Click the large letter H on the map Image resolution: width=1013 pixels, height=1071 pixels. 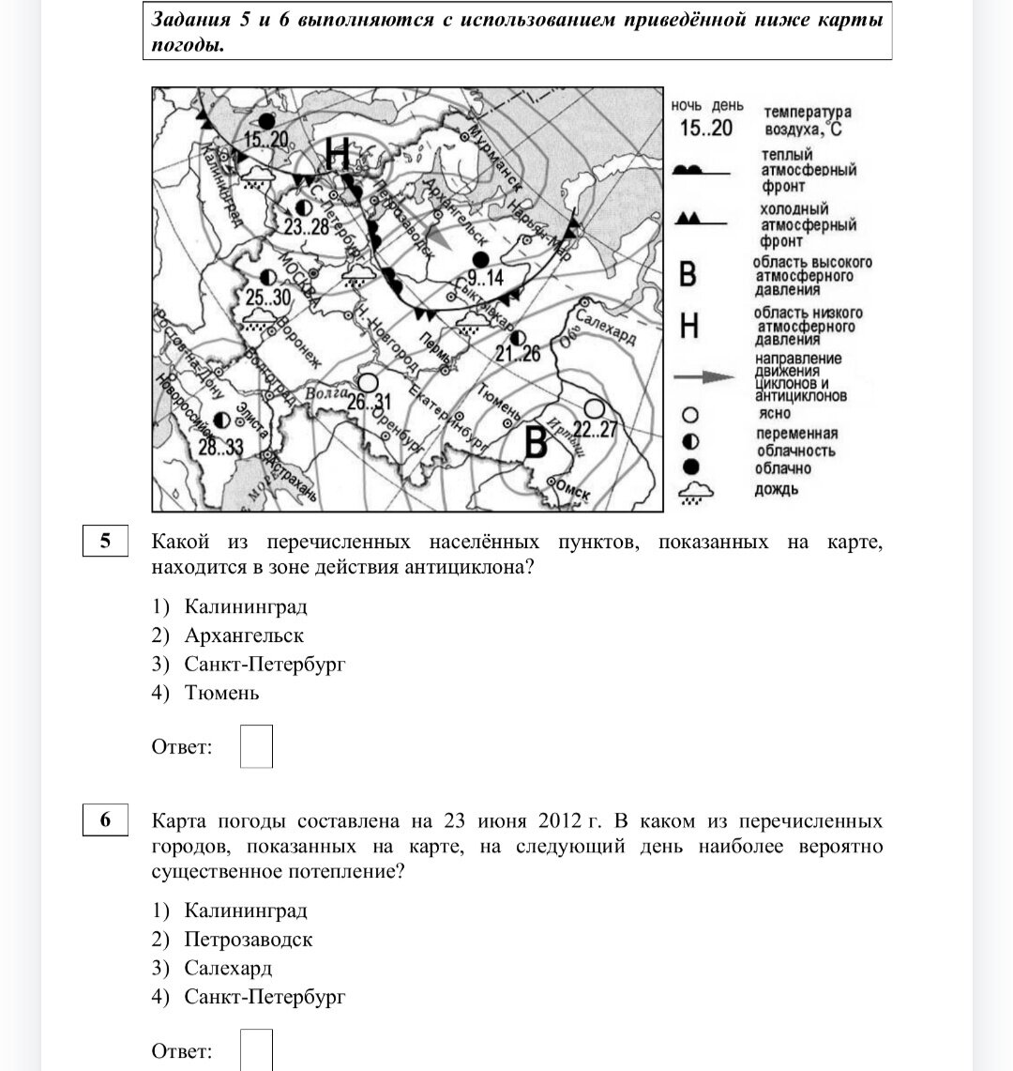tap(338, 152)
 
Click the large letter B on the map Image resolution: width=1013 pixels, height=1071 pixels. tap(536, 443)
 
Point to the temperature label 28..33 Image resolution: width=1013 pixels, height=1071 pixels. tap(220, 448)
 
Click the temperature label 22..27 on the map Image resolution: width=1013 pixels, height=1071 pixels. tap(595, 430)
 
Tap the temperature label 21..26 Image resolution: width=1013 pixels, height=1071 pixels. tap(518, 354)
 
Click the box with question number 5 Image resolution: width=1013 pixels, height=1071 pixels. tap(105, 542)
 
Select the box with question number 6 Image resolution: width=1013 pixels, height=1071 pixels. tap(105, 820)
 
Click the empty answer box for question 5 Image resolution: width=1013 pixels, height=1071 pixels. tap(256, 746)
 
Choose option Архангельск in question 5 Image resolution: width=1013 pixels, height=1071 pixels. tap(244, 636)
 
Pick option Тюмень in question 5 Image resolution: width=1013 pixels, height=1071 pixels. tap(221, 694)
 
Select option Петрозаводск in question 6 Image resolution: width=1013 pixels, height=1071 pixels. tap(248, 940)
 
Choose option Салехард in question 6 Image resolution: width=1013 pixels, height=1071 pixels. tap(228, 968)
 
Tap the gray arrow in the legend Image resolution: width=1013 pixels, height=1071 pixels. tap(704, 376)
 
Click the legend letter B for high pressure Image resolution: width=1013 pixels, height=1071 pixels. tap(688, 275)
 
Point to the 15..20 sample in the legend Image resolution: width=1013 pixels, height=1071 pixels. tap(706, 128)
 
